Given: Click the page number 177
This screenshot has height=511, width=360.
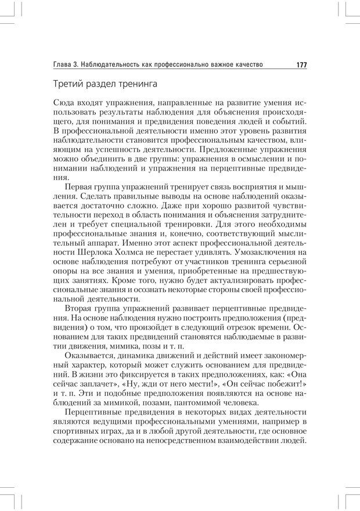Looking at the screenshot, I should click(x=301, y=64).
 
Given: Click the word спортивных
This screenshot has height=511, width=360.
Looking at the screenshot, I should click(x=76, y=430).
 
